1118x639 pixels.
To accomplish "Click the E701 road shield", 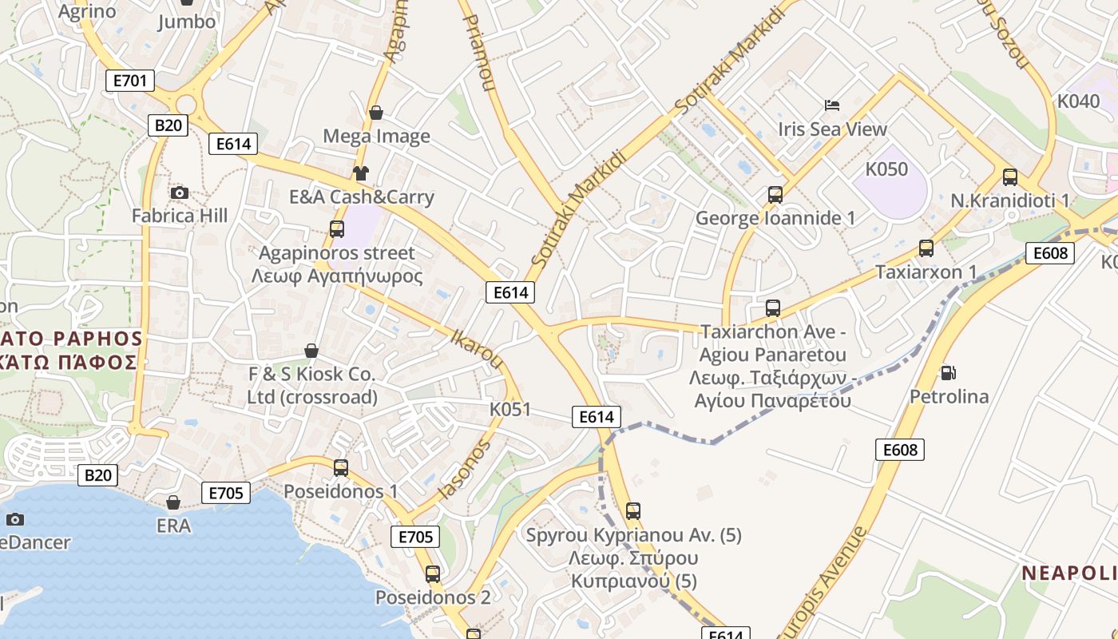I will click(129, 80).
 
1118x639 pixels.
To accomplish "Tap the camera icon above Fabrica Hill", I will click(180, 192).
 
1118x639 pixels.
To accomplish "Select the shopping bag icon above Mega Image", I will click(375, 113).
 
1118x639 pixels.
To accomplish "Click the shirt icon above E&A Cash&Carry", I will click(361, 173).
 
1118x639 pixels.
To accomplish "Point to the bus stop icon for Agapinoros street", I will click(337, 229).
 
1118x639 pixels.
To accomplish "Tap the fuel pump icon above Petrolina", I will click(949, 372).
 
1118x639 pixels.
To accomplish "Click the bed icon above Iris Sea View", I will click(832, 105).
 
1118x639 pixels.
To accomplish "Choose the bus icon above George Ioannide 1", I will click(775, 194).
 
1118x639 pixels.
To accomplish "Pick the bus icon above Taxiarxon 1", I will click(926, 248).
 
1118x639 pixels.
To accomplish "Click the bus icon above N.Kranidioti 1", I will click(1010, 177).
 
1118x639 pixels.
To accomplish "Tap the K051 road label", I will click(510, 410).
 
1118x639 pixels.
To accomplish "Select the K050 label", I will click(887, 169).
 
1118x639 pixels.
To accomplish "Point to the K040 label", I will click(1078, 101).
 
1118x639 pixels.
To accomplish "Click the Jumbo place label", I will click(187, 22).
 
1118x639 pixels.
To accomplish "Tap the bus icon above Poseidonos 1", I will click(341, 467).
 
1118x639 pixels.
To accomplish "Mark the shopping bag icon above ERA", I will click(173, 502).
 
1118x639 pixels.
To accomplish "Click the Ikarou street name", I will click(477, 349).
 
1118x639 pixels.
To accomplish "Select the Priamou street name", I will click(478, 52).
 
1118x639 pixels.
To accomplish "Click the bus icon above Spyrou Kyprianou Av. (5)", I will click(633, 510).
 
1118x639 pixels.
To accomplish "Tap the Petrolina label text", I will click(950, 396).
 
